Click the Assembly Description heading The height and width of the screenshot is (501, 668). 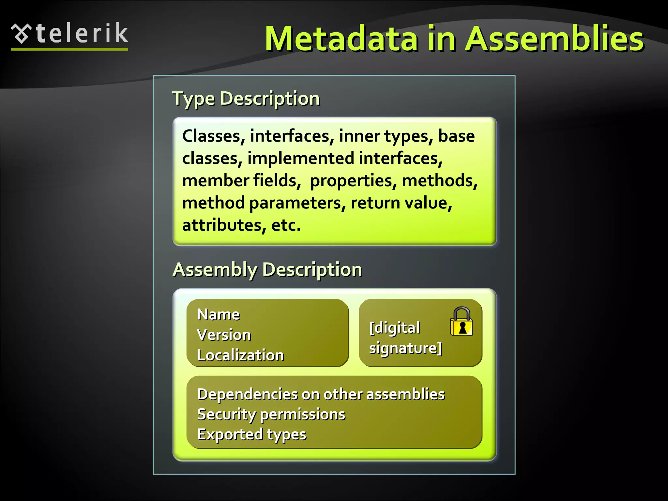[267, 269]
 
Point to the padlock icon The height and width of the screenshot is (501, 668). [461, 322]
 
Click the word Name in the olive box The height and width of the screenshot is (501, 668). [218, 314]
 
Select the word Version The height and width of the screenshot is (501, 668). [224, 335]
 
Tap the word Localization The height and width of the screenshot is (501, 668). [240, 355]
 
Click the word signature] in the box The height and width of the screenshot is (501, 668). [405, 348]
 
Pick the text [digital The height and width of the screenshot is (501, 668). [395, 327]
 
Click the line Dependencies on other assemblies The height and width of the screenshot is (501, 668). [321, 394]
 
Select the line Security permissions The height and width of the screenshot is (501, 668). [271, 414]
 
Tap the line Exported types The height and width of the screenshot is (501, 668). [251, 434]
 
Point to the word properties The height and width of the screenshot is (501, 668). [353, 181]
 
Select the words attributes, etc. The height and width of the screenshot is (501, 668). [241, 225]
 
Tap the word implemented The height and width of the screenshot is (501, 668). [300, 159]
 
